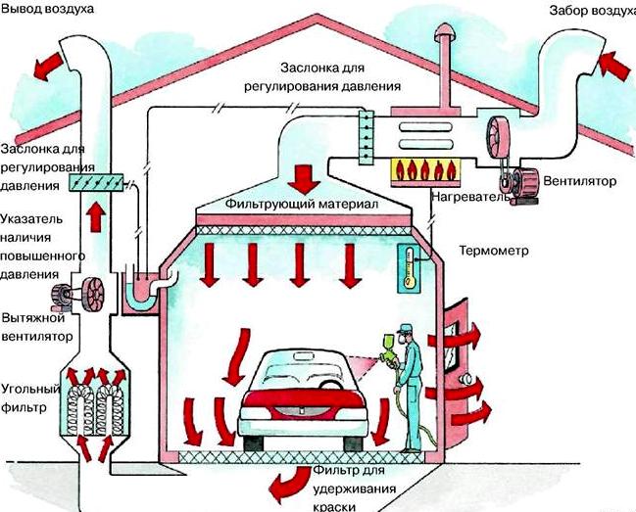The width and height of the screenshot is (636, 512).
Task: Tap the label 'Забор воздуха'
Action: [x=588, y=12]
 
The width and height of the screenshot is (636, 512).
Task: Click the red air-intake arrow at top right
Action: [x=612, y=67]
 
